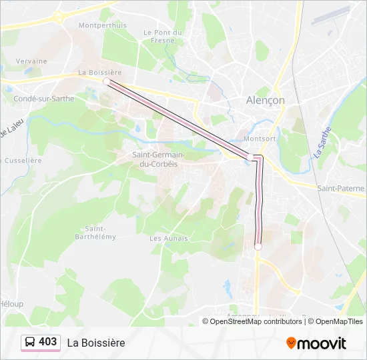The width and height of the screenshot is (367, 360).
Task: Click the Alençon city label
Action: tap(266, 100)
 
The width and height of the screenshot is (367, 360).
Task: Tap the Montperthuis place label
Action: tap(102, 25)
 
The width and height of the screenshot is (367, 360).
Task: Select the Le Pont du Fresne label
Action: tap(163, 36)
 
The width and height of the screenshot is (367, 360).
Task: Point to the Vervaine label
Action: tap(31, 61)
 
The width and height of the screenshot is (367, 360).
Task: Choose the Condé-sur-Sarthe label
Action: tap(44, 98)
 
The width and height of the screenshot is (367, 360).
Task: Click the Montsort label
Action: tap(260, 139)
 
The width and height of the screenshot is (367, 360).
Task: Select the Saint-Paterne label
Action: tap(340, 189)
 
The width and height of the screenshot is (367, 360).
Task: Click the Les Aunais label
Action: tap(169, 238)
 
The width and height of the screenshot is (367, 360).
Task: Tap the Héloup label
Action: tap(11, 304)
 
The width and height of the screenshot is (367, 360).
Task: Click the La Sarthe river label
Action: tap(318, 143)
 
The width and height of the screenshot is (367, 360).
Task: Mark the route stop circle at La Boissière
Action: tap(107, 81)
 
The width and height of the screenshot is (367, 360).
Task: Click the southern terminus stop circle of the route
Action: tap(258, 247)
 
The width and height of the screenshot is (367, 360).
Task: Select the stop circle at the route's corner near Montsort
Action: tap(252, 157)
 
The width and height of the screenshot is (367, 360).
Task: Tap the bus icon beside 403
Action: tap(31, 342)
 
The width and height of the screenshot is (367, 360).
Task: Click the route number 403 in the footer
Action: tap(47, 342)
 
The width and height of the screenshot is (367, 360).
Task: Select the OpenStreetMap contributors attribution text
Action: tap(252, 321)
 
